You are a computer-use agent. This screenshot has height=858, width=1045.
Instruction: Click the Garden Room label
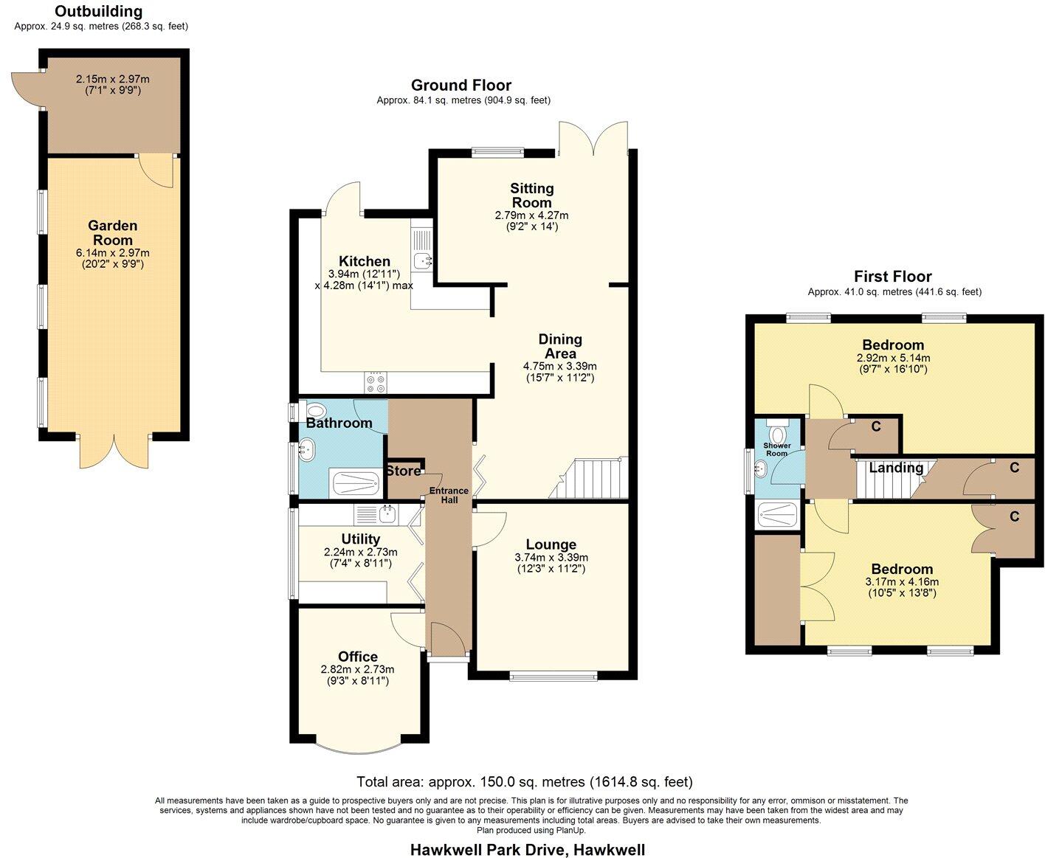pos(113,232)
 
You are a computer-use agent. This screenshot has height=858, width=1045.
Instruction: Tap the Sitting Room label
pos(531,196)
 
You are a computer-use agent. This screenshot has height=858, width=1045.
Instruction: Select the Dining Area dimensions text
pos(559,372)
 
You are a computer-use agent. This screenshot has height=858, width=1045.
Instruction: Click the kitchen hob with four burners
pos(374,383)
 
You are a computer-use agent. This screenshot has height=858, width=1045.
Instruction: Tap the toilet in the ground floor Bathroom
pos(314,410)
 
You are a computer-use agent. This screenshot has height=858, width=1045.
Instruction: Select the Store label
pos(403,471)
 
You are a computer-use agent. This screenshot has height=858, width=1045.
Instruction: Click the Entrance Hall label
pos(449,495)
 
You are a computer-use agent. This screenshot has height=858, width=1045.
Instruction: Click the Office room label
pos(358,657)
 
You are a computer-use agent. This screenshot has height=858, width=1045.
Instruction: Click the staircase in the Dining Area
pos(590,478)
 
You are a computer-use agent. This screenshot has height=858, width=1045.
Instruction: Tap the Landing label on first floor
pos(896,468)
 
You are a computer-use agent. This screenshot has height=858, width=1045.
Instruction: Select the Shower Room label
pos(776,449)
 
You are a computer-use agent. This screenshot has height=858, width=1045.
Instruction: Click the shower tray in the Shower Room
pos(778,514)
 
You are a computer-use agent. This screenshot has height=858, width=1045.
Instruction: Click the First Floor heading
pos(893,277)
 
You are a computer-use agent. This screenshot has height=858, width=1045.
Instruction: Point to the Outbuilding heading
pos(99,12)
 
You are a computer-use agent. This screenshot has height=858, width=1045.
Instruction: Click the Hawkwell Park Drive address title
pos(527,850)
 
